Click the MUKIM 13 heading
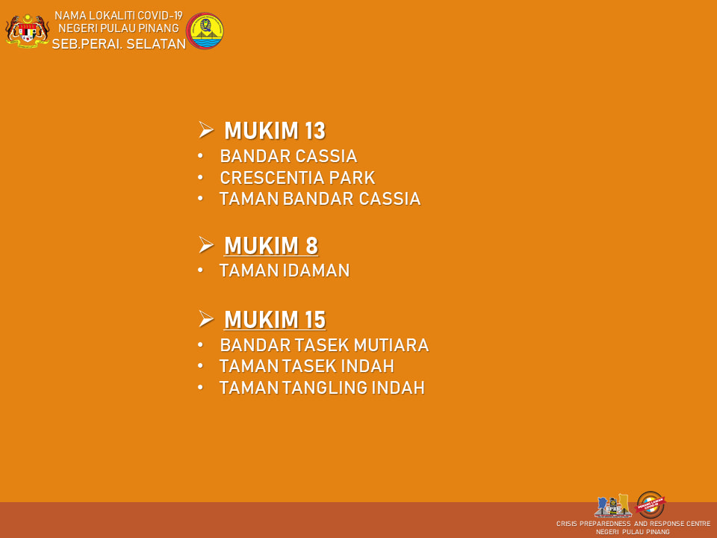pyautogui.click(x=275, y=131)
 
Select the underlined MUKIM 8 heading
pyautogui.click(x=271, y=246)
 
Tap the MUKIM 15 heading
pyautogui.click(x=275, y=320)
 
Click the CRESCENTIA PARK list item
pyautogui.click(x=297, y=178)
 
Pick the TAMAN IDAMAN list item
pyautogui.click(x=285, y=270)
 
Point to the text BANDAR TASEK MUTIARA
pyautogui.click(x=324, y=345)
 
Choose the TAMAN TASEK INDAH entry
pyautogui.click(x=306, y=366)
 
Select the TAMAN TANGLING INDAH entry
pyautogui.click(x=322, y=388)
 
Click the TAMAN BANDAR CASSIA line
pyautogui.click(x=320, y=199)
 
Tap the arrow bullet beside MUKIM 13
pyautogui.click(x=206, y=130)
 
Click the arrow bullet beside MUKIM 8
pyautogui.click(x=206, y=245)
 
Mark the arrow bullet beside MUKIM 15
pyautogui.click(x=206, y=318)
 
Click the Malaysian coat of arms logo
pyautogui.click(x=28, y=31)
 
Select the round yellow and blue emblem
pyautogui.click(x=205, y=31)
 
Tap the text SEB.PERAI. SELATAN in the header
pyautogui.click(x=119, y=44)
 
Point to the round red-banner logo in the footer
pyautogui.click(x=651, y=504)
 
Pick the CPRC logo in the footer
pyautogui.click(x=612, y=506)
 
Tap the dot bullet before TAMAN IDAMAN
pyautogui.click(x=200, y=270)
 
